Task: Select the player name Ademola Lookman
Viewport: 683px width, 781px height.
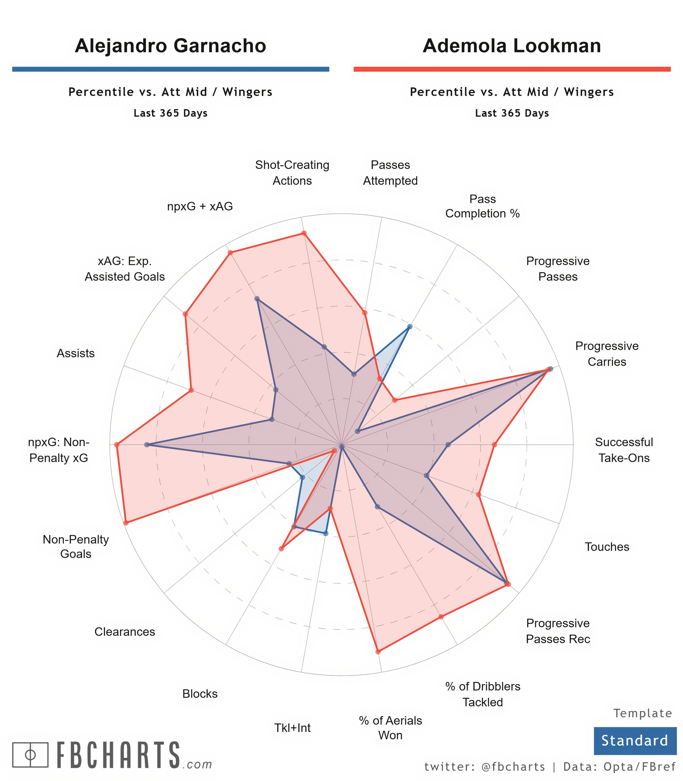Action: coord(512,46)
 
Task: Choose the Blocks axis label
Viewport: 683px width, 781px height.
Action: coord(200,693)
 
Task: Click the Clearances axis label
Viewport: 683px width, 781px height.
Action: coord(125,632)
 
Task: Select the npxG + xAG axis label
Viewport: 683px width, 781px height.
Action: coord(200,206)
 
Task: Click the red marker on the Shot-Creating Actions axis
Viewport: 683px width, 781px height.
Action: coord(304,233)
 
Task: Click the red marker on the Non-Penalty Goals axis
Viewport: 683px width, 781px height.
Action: coord(126,523)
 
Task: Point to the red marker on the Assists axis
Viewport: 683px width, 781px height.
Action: coord(191,390)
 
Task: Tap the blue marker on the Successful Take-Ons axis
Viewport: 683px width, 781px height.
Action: coord(448,445)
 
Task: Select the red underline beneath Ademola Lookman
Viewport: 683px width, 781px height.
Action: coord(512,69)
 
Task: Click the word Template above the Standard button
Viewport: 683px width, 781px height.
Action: coord(643,713)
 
